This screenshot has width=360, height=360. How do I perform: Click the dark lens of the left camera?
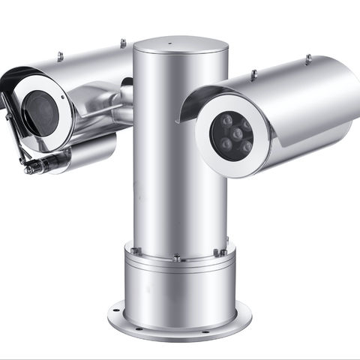pos(41,112)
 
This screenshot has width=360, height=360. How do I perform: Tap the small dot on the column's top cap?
pos(170,42)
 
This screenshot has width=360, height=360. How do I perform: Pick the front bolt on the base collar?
pos(176,259)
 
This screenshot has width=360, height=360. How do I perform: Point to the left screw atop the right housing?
pos(253,73)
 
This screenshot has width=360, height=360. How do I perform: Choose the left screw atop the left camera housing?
pos(60,55)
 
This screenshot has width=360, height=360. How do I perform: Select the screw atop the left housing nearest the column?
pos(123,43)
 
